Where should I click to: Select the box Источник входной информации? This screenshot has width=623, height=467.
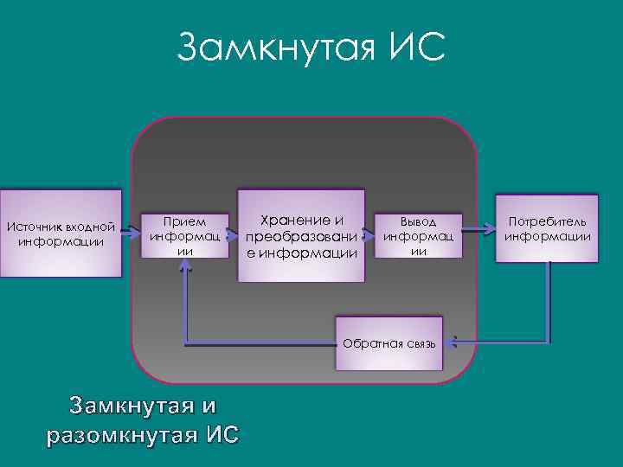click(61, 233)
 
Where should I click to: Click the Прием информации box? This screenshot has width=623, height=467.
click(186, 235)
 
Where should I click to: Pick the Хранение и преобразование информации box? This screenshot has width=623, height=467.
click(300, 235)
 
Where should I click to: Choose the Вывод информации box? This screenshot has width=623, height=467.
click(418, 235)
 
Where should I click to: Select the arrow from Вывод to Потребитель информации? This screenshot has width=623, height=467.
click(478, 231)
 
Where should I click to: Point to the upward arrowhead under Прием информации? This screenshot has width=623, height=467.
click(185, 267)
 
